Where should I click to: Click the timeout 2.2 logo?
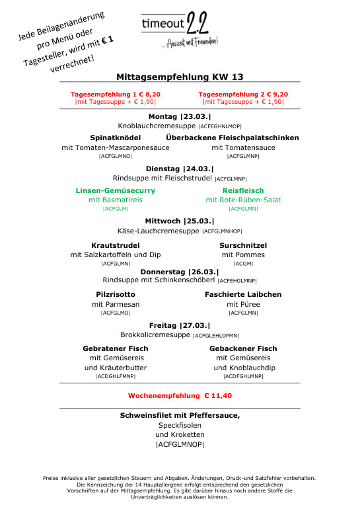[x=180, y=29]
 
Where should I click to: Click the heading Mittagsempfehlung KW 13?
[x=180, y=77]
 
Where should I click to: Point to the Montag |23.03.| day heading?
[x=180, y=116]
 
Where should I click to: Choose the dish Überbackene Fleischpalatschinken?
[x=242, y=138]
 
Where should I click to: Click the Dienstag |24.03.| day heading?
[x=180, y=168]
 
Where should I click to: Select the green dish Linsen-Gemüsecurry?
[x=116, y=190]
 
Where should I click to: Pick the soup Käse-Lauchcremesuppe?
[x=158, y=231]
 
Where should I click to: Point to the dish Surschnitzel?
[x=243, y=245]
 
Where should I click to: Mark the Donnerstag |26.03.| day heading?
[x=180, y=272]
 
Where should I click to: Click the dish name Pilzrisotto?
[x=116, y=294]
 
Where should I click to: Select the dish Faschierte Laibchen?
[x=243, y=294]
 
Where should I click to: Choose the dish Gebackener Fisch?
[x=243, y=348]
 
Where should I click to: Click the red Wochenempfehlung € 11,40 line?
[x=180, y=395]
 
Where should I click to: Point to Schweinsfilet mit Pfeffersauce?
[x=180, y=415]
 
